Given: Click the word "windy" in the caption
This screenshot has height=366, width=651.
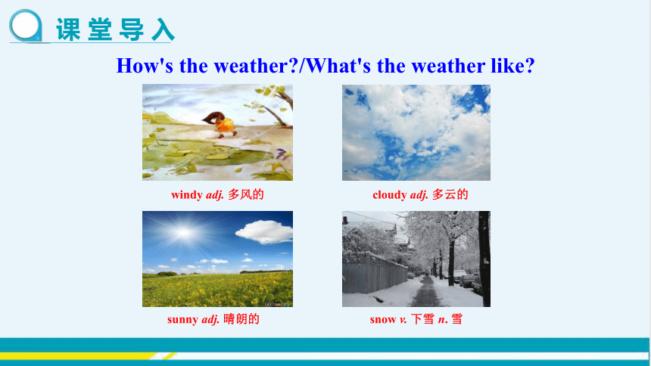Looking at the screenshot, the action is pos(187,194).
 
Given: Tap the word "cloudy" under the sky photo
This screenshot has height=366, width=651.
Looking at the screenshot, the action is pos(389,194).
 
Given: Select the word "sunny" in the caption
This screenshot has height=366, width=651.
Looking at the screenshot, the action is pos(182,319).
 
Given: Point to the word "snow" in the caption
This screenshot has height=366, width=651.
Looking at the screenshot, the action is pos(383,319).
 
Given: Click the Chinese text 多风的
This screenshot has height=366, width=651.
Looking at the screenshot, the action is pos(246,194).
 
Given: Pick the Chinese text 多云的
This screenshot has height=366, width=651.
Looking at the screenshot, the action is pos(450,194).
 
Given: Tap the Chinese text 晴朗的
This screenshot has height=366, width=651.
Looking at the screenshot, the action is pos(241,318).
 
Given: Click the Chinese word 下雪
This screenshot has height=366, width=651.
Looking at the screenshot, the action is pos(422,318).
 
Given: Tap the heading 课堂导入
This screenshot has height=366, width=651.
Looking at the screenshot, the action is pos(115,29).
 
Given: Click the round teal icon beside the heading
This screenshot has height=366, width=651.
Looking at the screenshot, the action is pos(26,26).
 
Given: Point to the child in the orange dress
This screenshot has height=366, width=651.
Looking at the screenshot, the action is pos(220,124).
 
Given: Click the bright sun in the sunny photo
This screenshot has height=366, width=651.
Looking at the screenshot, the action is pos(183,233).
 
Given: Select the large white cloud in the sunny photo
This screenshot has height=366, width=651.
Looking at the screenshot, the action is pos(264,232).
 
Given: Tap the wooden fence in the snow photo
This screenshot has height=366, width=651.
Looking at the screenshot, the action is pos(374,273).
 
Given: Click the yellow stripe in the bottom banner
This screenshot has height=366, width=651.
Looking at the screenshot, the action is pos(83,355).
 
